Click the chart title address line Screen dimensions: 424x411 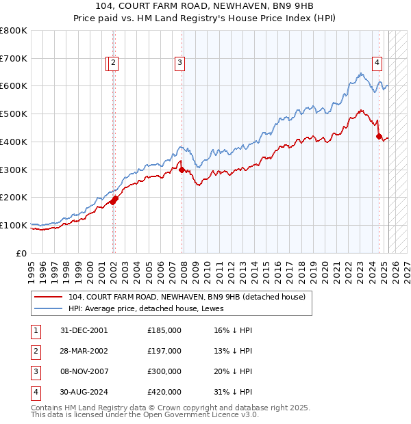point(205,7)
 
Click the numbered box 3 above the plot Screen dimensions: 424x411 point(179,64)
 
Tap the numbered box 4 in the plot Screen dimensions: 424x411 point(377,64)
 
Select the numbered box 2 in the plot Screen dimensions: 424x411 point(114,64)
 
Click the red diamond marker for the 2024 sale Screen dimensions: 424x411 point(379,137)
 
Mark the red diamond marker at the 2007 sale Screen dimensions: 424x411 point(182,170)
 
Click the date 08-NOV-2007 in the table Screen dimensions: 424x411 point(84,371)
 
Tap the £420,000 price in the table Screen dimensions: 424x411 point(164,392)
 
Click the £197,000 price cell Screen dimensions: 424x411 point(164,351)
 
